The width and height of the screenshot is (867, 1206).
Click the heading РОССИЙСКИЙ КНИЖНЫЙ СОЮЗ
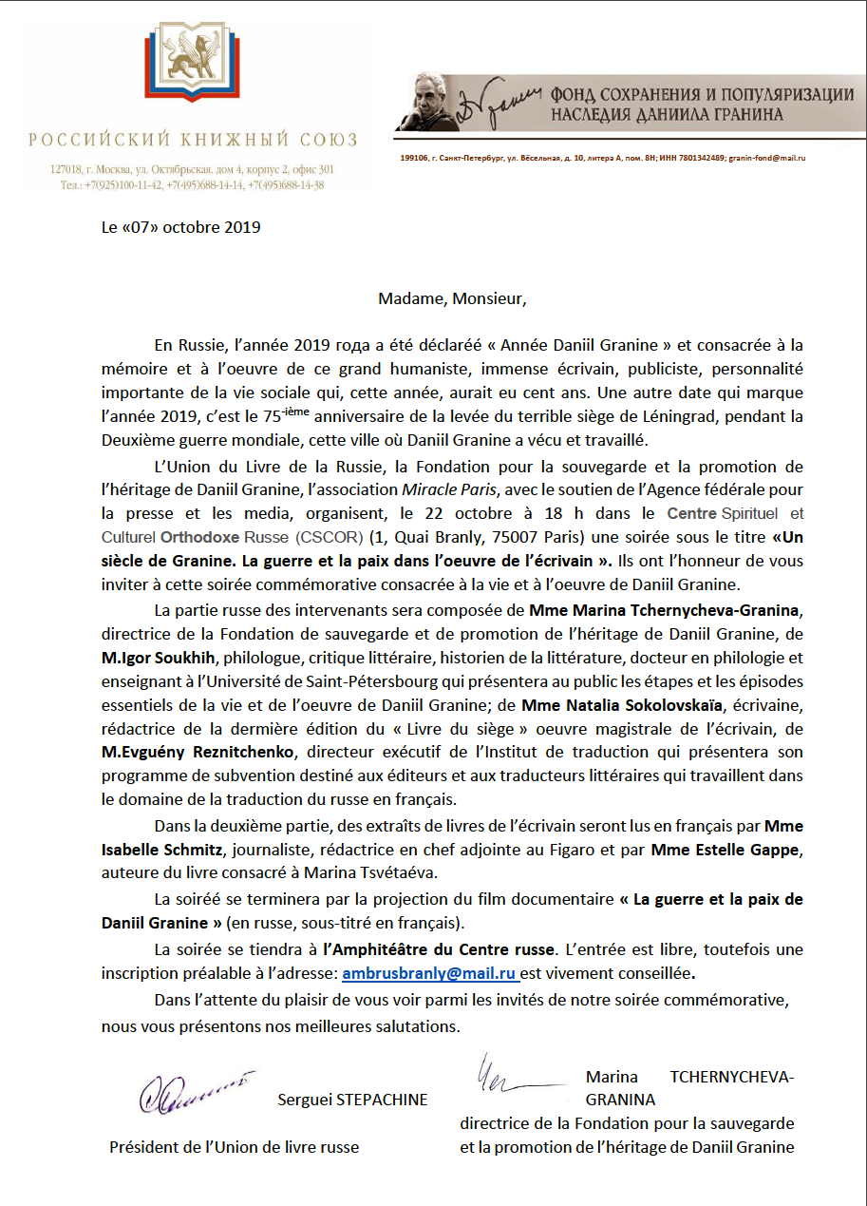tap(193, 141)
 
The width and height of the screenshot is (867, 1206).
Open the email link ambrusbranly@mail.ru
tap(428, 974)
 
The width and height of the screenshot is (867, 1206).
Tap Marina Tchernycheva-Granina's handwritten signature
tap(513, 1074)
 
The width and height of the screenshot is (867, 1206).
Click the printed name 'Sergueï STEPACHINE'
tap(352, 1101)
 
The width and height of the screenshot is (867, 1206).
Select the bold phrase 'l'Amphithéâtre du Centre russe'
tap(438, 949)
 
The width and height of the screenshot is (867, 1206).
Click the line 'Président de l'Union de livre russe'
tap(235, 1147)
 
